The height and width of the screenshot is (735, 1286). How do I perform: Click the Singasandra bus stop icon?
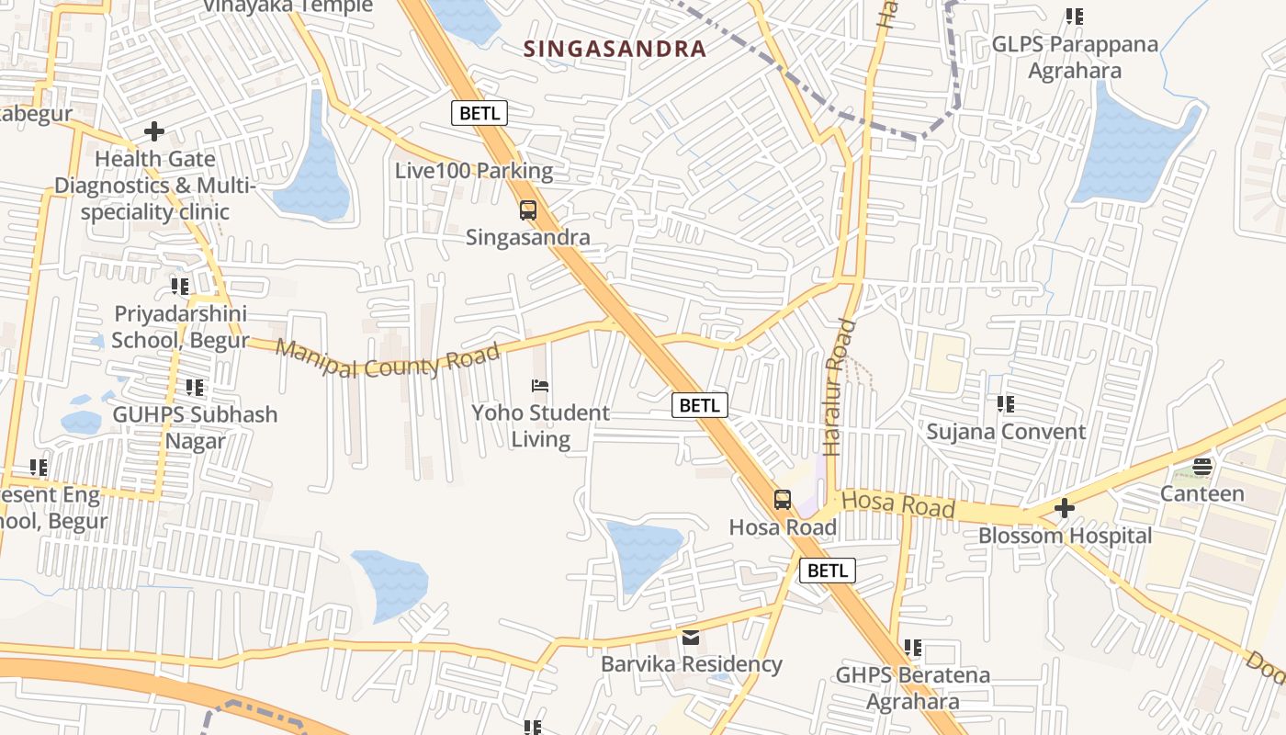[528, 210]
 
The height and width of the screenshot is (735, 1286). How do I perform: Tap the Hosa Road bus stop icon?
[783, 500]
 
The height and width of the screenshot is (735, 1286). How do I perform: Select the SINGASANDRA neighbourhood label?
[615, 49]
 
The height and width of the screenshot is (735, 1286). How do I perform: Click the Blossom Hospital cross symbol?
[1064, 507]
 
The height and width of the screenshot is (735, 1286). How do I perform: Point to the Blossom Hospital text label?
[1065, 536]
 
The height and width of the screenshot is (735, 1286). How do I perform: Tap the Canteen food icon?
[1202, 467]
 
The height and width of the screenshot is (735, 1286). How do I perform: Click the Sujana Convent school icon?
[1006, 403]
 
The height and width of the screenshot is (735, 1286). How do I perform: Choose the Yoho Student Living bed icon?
[540, 386]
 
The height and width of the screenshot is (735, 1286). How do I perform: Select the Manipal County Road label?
[387, 359]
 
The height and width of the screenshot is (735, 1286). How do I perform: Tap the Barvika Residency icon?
[691, 637]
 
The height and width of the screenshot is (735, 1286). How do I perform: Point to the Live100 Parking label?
[474, 171]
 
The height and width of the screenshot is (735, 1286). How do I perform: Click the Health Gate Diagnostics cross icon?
[154, 131]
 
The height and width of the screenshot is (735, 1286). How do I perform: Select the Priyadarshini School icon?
[180, 286]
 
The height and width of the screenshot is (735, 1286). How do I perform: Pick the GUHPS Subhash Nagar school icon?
[195, 388]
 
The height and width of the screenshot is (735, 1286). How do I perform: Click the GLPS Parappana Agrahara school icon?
[1074, 16]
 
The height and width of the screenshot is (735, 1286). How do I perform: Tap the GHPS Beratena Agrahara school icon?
[912, 648]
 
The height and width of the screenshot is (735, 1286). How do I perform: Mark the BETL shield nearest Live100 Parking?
[479, 113]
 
